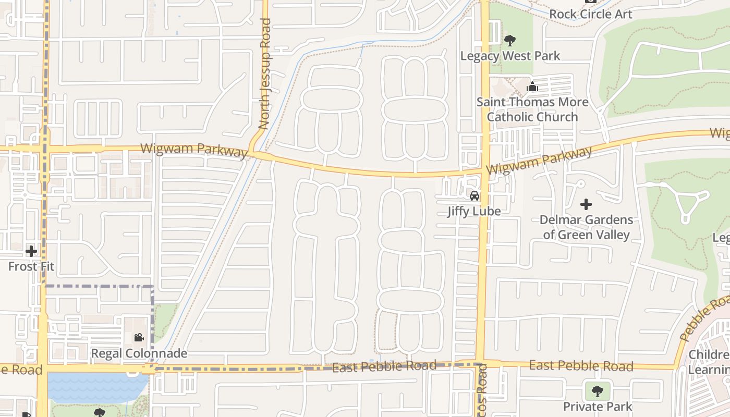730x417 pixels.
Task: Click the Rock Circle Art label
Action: tap(590, 14)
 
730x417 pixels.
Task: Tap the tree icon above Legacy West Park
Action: tap(510, 40)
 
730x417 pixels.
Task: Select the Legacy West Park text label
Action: tap(510, 56)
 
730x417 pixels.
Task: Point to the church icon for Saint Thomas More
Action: tap(532, 87)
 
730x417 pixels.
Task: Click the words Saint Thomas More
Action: tap(532, 102)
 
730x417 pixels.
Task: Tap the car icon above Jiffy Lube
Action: tap(474, 196)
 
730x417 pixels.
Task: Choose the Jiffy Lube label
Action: tap(474, 211)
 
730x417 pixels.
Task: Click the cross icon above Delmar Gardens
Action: tap(586, 204)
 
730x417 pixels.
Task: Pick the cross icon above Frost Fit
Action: tap(31, 251)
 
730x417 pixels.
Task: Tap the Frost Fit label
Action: tap(31, 266)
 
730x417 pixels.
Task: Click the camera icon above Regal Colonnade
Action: tap(139, 338)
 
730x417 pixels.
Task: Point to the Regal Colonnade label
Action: tap(139, 353)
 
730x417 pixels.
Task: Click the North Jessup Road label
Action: tap(265, 74)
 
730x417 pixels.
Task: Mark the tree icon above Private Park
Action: tap(597, 391)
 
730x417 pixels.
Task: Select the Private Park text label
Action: tap(597, 406)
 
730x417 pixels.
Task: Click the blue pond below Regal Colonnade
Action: tap(96, 387)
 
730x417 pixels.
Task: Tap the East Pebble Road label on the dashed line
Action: tap(384, 366)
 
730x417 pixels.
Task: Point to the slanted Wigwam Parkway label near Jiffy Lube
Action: tap(539, 161)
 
